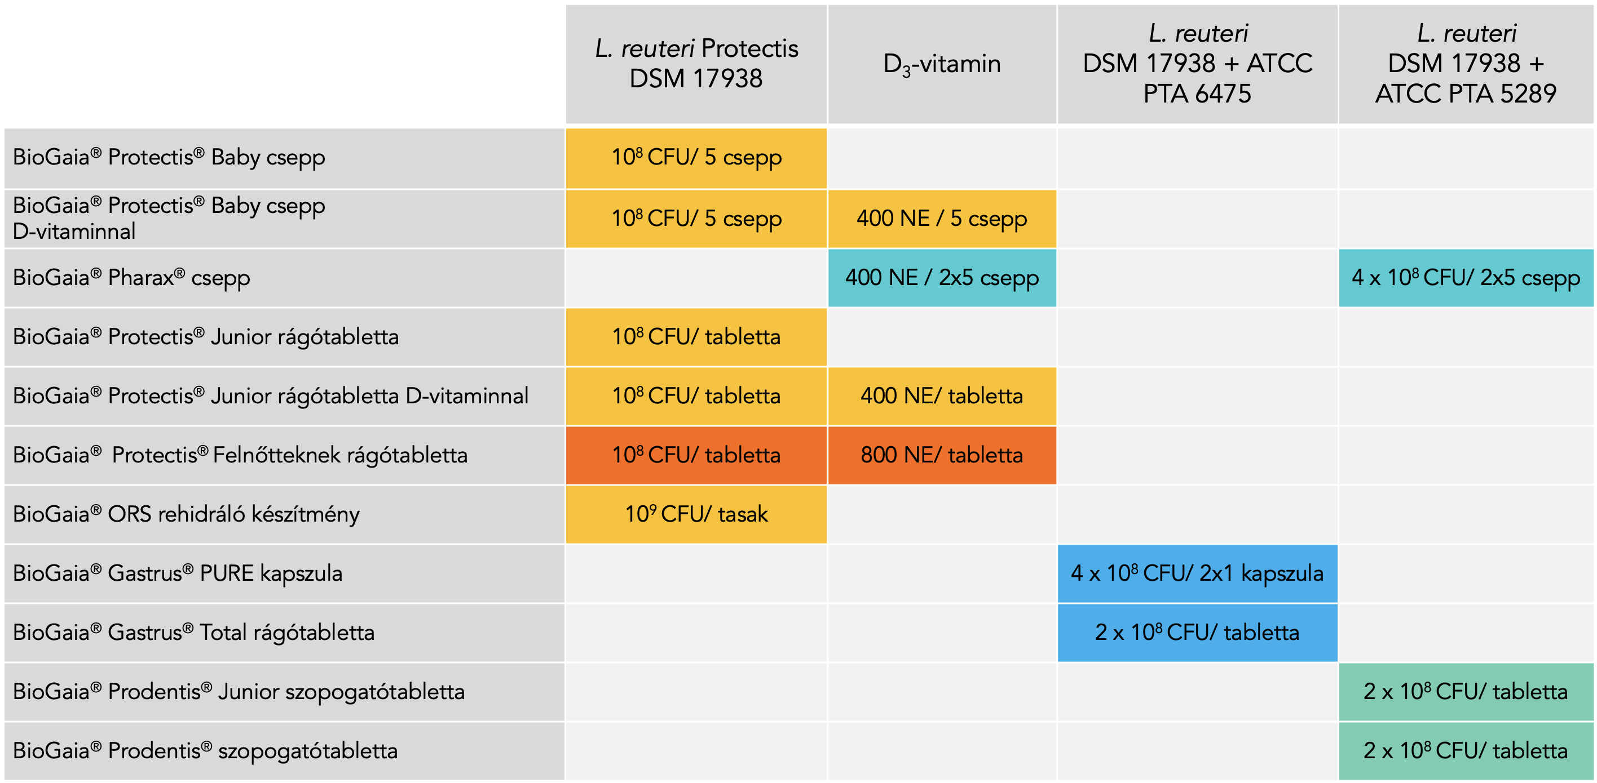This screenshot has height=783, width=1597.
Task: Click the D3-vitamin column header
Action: tap(942, 64)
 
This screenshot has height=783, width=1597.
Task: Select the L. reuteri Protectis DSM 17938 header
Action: tap(696, 64)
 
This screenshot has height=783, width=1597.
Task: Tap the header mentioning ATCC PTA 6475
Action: tap(1197, 64)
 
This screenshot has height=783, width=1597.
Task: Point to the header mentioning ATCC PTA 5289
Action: tap(1466, 64)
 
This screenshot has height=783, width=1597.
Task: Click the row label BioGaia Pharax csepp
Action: tap(131, 278)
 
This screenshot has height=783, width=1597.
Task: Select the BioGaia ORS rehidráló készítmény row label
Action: tap(186, 514)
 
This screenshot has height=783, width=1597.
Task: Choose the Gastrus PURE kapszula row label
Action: tap(177, 573)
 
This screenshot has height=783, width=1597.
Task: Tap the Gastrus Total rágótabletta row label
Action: tap(193, 632)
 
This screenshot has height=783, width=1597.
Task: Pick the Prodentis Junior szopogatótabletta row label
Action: tap(239, 691)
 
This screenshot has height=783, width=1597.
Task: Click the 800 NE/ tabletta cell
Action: tap(942, 455)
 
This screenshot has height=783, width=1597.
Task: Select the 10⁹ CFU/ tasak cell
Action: tap(696, 514)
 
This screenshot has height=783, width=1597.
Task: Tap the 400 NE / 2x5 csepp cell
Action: tap(942, 278)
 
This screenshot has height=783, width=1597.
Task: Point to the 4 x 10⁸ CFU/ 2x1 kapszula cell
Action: tap(1197, 573)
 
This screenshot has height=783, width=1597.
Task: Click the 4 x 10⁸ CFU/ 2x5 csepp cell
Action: tap(1466, 278)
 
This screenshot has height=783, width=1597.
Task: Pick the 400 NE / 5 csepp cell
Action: tap(942, 219)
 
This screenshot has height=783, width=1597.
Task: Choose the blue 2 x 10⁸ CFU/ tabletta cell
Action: tap(1197, 632)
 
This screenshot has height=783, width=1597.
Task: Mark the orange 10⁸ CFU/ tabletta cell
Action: tap(696, 455)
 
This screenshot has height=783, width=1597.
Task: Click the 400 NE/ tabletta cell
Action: tap(942, 396)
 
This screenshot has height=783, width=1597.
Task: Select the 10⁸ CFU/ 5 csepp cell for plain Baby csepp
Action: tap(696, 158)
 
